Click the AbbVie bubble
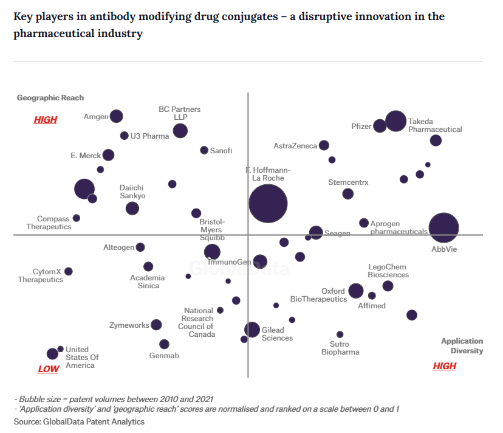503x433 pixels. coord(443,228)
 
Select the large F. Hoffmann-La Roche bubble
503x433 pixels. coord(268,204)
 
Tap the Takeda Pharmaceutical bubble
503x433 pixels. coord(395,121)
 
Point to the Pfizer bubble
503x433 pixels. coord(380,126)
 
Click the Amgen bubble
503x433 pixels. coord(116,116)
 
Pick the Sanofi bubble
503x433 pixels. coord(204,150)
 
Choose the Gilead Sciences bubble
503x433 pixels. coord(252,330)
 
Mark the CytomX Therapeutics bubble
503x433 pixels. coord(69,271)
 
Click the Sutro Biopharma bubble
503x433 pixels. coord(340,334)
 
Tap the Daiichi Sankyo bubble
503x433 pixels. coord(132,209)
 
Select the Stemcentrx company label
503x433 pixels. coord(348,182)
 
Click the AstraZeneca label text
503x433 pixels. coord(295,146)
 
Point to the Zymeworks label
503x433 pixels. coord(129,325)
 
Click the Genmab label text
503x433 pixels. coord(164,356)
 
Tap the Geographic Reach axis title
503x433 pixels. coord(50,98)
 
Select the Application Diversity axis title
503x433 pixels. coord(462,346)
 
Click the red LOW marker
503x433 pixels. coord(49,369)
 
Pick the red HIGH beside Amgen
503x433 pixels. coord(46,120)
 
